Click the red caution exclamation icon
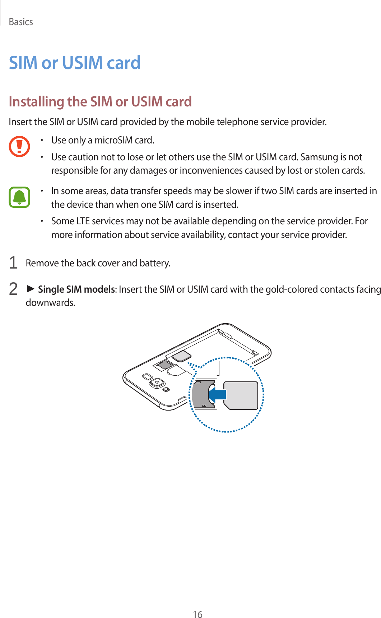click(x=19, y=146)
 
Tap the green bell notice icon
click(x=19, y=197)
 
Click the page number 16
click(x=198, y=614)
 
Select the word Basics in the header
click(x=21, y=22)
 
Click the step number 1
click(x=13, y=263)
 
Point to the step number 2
click(x=13, y=289)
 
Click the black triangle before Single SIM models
click(x=31, y=289)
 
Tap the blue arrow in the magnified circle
click(x=217, y=395)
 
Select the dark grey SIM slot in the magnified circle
click(x=201, y=394)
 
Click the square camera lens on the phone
click(x=157, y=383)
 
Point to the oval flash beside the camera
click(x=147, y=377)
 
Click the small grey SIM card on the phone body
click(x=182, y=356)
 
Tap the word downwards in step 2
click(x=50, y=303)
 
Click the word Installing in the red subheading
click(x=36, y=102)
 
